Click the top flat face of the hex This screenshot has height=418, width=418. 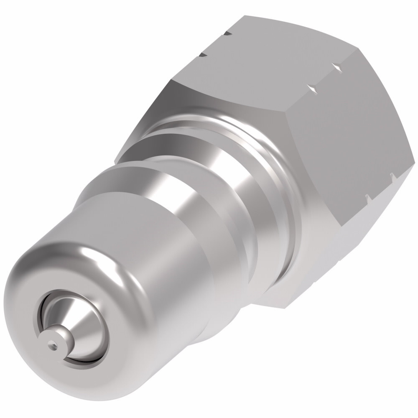point(259,54)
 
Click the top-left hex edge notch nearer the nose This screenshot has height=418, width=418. point(203,54)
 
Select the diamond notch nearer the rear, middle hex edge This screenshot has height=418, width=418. point(336,66)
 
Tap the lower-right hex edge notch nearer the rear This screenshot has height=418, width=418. point(391,175)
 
